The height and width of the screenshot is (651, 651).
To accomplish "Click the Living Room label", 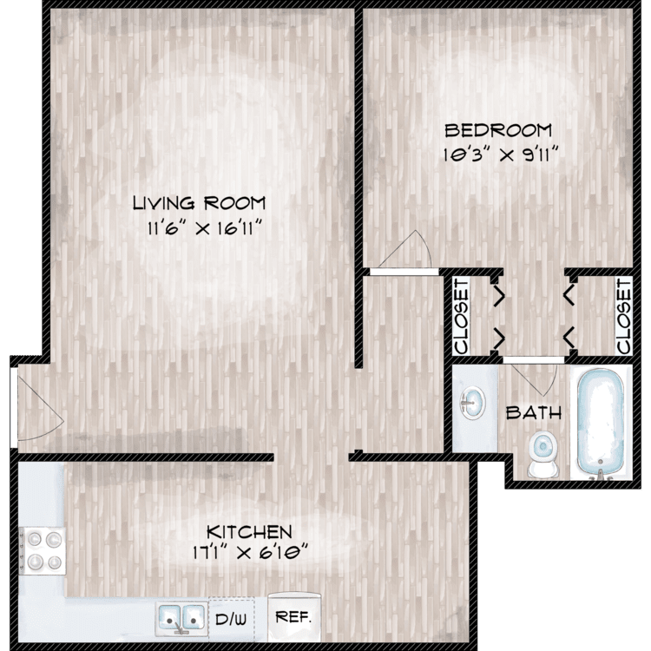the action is click(200, 203).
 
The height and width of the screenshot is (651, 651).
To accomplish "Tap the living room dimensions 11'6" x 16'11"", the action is click(206, 228).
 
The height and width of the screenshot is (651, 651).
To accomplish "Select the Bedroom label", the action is click(498, 130).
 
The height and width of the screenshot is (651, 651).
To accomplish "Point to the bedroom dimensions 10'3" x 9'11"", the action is click(499, 155).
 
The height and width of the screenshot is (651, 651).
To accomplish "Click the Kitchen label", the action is click(249, 532).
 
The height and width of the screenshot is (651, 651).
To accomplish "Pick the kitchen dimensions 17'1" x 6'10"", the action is click(250, 553).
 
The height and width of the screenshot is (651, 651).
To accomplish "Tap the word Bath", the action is click(534, 412).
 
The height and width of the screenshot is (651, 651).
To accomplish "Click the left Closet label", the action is click(462, 317).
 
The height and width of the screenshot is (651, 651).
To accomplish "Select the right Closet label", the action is click(623, 317).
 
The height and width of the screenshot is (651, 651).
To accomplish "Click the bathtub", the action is click(601, 423).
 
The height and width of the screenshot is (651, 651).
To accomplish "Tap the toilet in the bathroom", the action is click(543, 453).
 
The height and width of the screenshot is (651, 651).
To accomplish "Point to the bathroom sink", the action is click(472, 402).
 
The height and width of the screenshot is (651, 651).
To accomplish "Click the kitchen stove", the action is click(43, 551).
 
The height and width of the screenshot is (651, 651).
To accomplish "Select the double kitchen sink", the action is click(181, 618).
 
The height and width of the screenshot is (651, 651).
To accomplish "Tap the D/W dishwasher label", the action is click(231, 620).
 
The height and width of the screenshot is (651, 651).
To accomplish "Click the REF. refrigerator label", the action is click(293, 617).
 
